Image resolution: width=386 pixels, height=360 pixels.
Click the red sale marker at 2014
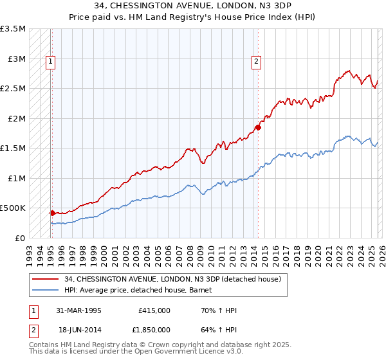point(258,127)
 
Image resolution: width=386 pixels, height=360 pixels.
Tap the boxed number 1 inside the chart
point(50,62)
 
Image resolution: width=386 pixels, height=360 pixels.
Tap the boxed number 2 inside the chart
point(256,62)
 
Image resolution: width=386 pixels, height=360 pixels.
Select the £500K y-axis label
point(13,208)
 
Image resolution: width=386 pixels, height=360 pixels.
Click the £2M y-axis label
point(14,118)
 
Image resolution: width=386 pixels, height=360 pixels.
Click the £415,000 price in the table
point(154,310)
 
